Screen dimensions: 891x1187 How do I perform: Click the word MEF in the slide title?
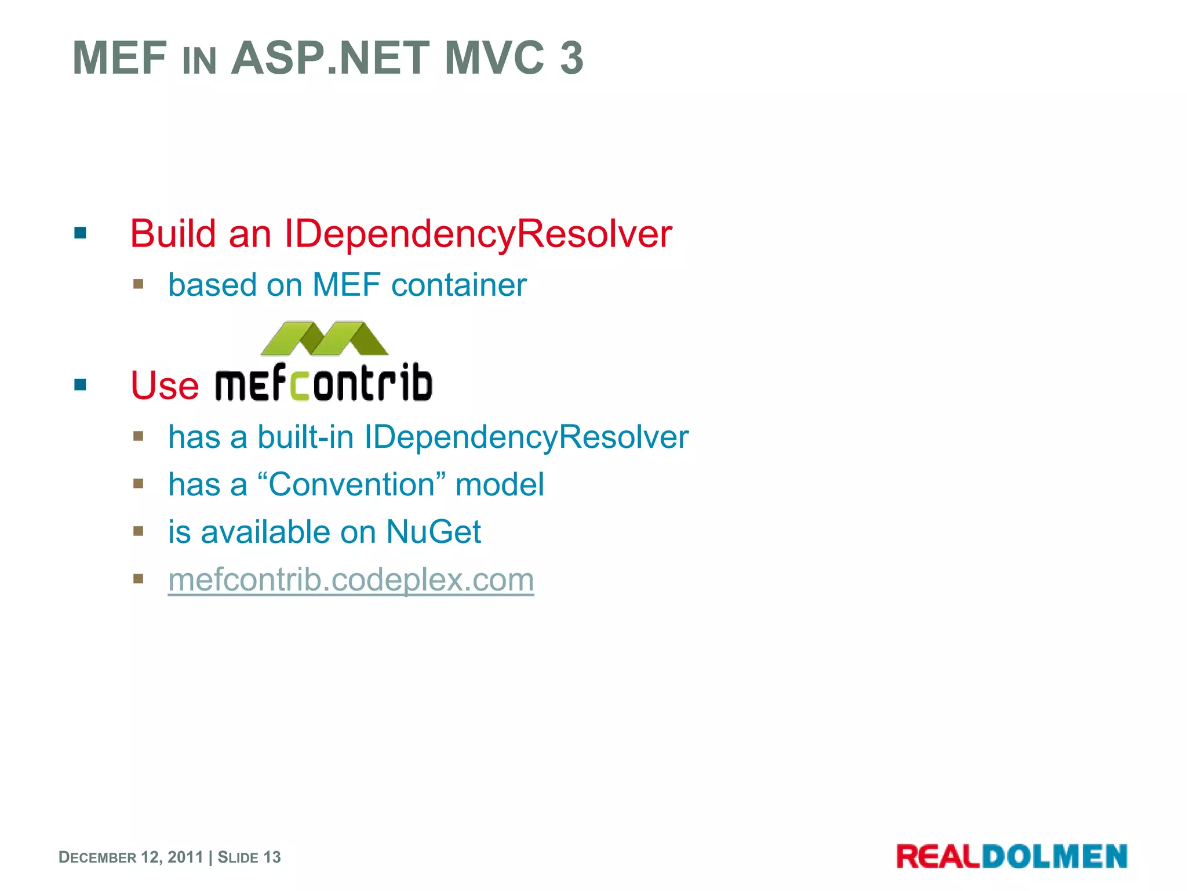click(119, 58)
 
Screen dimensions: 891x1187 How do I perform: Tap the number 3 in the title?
click(571, 58)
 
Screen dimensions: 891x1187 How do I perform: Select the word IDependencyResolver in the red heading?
click(478, 234)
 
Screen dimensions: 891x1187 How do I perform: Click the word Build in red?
click(173, 234)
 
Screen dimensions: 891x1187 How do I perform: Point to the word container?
click(459, 285)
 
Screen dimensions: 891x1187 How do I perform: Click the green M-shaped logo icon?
click(325, 338)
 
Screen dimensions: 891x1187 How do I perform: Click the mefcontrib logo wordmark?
click(324, 383)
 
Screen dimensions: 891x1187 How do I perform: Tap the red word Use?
click(165, 385)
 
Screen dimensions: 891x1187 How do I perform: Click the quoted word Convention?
click(351, 484)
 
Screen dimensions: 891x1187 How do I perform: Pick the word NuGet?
click(434, 532)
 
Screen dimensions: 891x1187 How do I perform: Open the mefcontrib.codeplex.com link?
click(351, 579)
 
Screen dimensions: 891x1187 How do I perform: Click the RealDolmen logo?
click(1011, 857)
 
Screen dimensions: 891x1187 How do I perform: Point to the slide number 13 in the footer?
click(272, 857)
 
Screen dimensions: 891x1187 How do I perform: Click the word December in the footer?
click(97, 857)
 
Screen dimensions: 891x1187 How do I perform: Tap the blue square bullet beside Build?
click(80, 234)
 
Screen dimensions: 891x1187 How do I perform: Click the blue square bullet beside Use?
click(80, 385)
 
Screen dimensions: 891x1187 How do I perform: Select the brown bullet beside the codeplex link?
click(138, 579)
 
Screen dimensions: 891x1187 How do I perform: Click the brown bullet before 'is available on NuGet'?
click(138, 531)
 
